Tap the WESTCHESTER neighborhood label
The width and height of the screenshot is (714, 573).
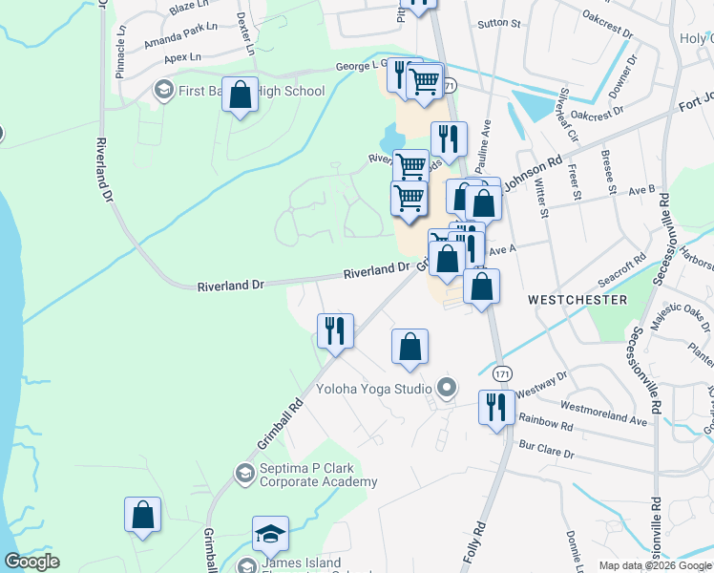point(577,300)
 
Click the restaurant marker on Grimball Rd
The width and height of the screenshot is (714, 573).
point(335,330)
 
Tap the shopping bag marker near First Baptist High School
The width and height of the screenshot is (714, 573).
point(241,95)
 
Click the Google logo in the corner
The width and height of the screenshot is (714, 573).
point(31,562)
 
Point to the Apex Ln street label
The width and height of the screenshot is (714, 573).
point(181,57)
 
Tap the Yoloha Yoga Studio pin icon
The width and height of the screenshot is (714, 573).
point(445,388)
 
